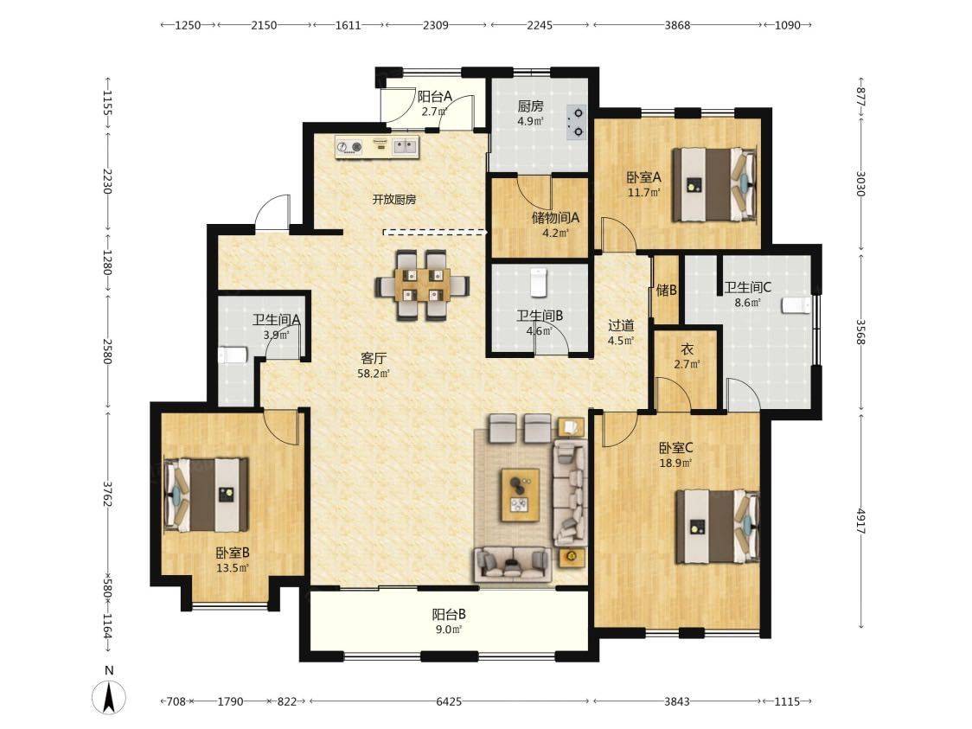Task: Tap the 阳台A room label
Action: [435, 97]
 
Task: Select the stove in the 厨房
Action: [576, 121]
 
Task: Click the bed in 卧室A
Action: [715, 184]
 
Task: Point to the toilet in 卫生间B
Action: [537, 283]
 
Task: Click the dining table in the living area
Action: [421, 285]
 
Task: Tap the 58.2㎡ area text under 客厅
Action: [374, 374]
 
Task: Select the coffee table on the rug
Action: [520, 495]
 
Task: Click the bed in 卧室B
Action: [207, 495]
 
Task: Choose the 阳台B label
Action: [449, 614]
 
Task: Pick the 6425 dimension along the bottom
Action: [449, 701]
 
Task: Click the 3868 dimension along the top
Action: [677, 25]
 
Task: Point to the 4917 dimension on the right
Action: [860, 521]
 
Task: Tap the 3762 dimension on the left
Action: [107, 494]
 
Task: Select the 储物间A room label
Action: [555, 218]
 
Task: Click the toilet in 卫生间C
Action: [797, 305]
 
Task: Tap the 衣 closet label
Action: [687, 349]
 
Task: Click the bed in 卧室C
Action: [718, 527]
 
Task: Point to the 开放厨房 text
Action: [393, 200]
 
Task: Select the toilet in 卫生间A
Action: [233, 355]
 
